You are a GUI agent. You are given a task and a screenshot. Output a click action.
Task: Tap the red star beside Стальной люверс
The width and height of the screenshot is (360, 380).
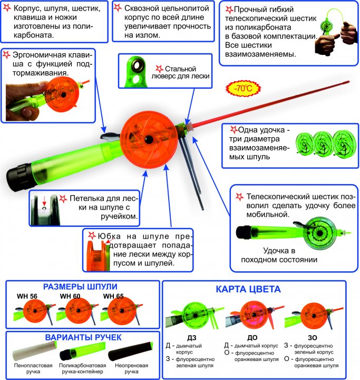pyautogui.click(x=161, y=68)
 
